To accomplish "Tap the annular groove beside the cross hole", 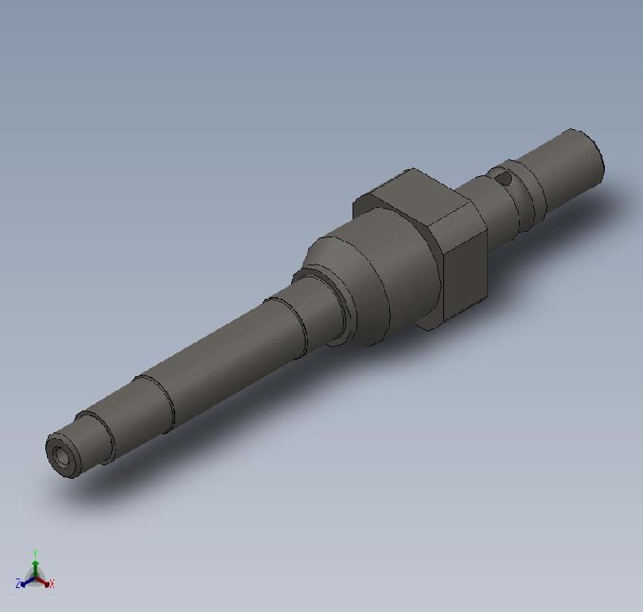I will pyautogui.click(x=527, y=194).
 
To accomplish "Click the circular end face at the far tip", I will pyautogui.click(x=594, y=154).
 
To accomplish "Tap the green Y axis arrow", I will pyautogui.click(x=36, y=561).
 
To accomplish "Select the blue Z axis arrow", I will pyautogui.click(x=26, y=582).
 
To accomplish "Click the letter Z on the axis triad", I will pyautogui.click(x=18, y=585).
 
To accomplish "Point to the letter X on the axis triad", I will pyautogui.click(x=52, y=585).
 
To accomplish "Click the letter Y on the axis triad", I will pyautogui.click(x=36, y=552).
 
